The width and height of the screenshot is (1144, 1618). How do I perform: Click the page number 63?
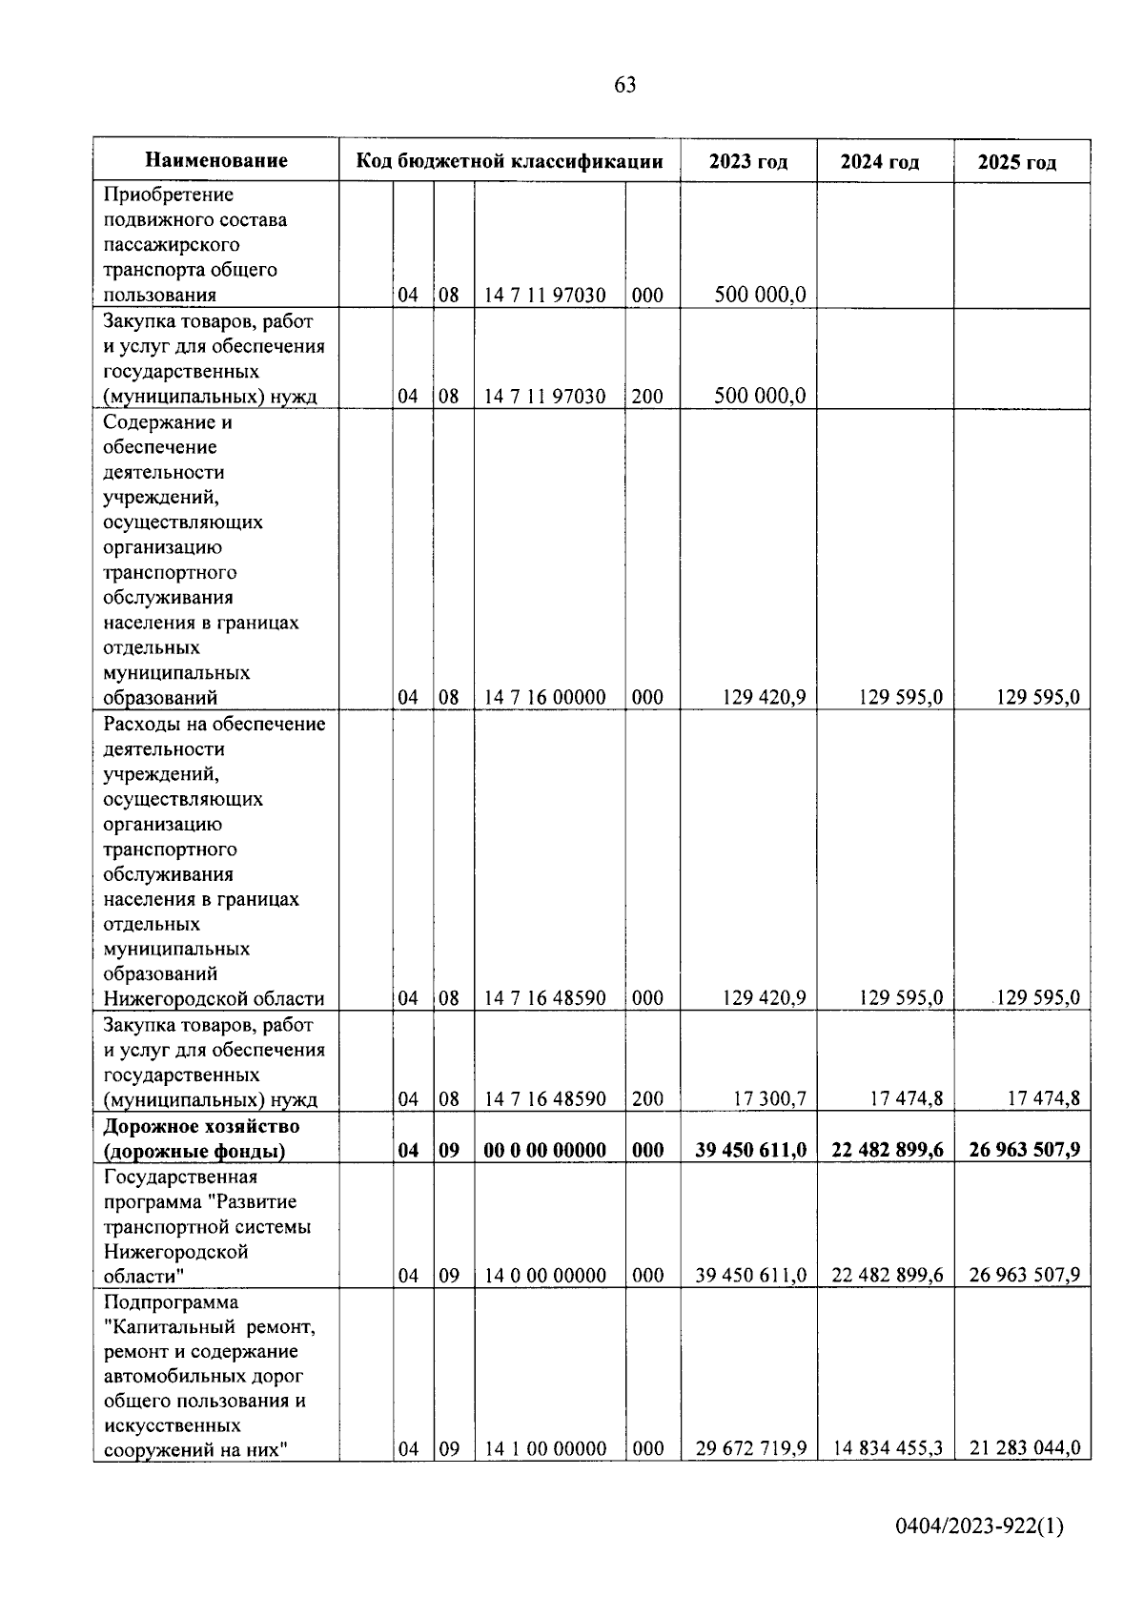(624, 85)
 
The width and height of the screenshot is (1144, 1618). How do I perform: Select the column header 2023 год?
(748, 161)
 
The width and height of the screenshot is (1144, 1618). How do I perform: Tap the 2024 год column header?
(880, 162)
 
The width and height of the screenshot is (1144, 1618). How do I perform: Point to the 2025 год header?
(1017, 162)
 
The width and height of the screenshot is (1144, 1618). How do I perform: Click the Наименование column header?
(216, 160)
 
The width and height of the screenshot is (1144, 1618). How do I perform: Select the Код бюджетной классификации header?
(509, 160)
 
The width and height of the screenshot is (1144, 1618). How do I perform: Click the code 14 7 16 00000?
(544, 697)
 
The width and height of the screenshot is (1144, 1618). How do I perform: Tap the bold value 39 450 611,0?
(750, 1150)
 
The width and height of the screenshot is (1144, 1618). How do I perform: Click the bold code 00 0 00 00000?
(544, 1150)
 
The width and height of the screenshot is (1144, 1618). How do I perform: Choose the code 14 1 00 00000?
(544, 1448)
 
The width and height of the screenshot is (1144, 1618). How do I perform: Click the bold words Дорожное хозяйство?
(201, 1126)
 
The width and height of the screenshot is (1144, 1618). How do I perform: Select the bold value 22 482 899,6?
(888, 1150)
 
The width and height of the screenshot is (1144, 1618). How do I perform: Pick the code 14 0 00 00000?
(544, 1275)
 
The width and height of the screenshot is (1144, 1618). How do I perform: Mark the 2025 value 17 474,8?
(1043, 1098)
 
